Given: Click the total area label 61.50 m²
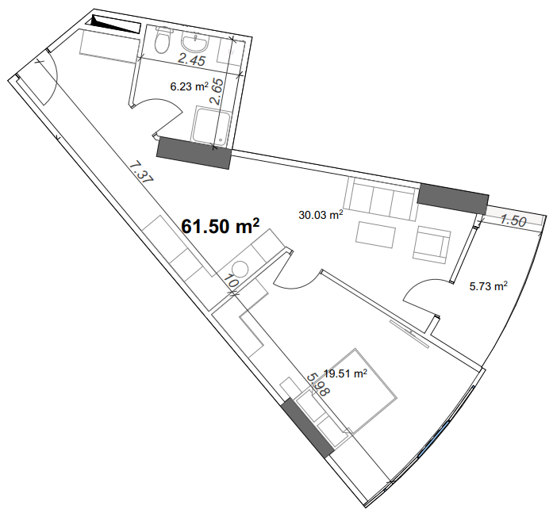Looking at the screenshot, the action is click(221, 226).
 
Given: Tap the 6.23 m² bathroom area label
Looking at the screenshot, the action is click(190, 86).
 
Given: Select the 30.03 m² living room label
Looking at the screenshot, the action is click(321, 215).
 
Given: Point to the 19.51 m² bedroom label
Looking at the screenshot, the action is click(345, 373).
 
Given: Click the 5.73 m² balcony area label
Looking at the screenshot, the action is click(489, 286).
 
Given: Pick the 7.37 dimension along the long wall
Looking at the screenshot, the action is click(140, 171).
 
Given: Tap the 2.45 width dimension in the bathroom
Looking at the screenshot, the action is click(191, 60).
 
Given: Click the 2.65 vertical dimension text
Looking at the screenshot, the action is click(217, 91).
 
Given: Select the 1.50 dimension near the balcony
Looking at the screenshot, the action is click(513, 221).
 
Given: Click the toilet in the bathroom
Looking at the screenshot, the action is click(163, 40).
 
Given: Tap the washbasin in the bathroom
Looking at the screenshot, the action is click(194, 41).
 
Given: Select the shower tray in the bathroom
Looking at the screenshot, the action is click(211, 126).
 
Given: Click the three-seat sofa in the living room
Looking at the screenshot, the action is click(381, 198).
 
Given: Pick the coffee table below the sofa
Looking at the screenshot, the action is click(375, 235).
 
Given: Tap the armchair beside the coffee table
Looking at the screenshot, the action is click(432, 244).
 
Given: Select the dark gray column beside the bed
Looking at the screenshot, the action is click(308, 428).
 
